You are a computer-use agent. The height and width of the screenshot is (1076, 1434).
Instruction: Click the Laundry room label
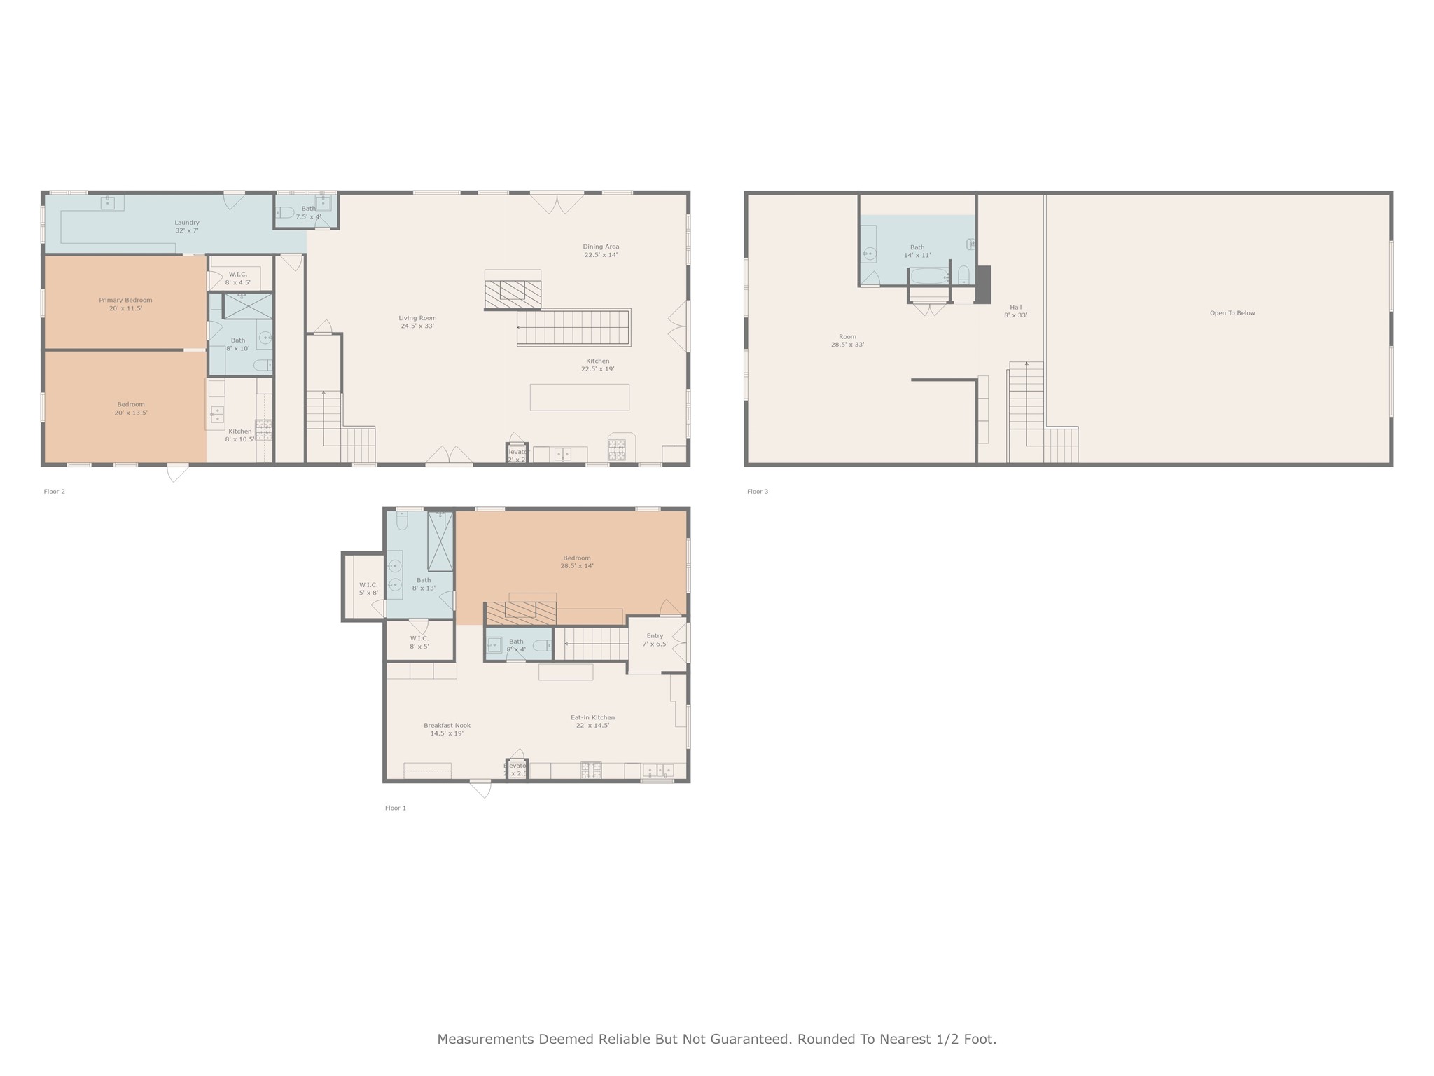[x=187, y=226]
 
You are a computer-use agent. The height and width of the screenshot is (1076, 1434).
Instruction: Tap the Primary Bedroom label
[x=125, y=304]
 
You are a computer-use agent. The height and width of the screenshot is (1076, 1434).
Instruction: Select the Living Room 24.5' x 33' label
[x=417, y=322]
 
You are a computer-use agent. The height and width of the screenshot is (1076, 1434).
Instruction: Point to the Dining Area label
[x=601, y=251]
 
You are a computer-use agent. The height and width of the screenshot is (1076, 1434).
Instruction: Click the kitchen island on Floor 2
[x=579, y=397]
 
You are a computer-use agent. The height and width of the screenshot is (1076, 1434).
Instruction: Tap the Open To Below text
[x=1232, y=313]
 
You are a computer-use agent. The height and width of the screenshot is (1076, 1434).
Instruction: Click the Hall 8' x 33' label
[x=1015, y=311]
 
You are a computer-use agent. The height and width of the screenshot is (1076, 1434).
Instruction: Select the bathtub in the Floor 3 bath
[x=929, y=276]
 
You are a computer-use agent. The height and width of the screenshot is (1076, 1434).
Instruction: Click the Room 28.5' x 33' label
[x=847, y=340]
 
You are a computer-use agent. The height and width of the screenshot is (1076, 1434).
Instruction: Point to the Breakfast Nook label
[x=447, y=729]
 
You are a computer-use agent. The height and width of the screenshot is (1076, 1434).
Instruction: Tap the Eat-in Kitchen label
[x=592, y=722]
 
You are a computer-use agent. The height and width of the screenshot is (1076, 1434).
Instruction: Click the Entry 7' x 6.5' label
[x=655, y=640]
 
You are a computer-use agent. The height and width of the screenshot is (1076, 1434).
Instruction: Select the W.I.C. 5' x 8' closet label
[x=368, y=588]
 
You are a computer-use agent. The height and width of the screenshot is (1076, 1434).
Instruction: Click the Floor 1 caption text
[x=396, y=808]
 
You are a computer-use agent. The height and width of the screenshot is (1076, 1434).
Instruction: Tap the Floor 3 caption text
[x=758, y=492]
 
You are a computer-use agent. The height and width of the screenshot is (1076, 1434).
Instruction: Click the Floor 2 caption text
[x=54, y=492]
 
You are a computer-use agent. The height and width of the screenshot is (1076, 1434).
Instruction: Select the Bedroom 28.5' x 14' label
[x=577, y=562]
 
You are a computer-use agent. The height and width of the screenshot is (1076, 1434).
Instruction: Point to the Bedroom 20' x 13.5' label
[x=131, y=408]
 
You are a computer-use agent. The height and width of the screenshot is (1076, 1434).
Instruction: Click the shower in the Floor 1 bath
[x=440, y=542]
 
